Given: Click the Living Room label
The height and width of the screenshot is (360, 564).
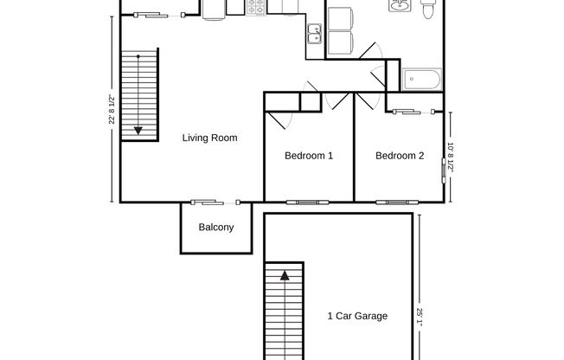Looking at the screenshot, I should (209, 138).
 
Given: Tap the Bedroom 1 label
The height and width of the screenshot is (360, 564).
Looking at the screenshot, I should (309, 156).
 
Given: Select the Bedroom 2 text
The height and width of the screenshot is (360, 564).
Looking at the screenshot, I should (400, 156).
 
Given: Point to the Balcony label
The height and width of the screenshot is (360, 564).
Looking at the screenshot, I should (215, 228).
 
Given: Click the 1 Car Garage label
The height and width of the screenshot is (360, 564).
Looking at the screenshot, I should (357, 316).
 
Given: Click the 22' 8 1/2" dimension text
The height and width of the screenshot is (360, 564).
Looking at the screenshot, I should (112, 109).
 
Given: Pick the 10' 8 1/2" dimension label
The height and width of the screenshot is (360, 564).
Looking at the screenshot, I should (451, 157).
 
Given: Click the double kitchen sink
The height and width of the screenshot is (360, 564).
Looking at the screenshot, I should (314, 34).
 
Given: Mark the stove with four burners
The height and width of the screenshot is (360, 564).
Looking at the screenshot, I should (256, 7).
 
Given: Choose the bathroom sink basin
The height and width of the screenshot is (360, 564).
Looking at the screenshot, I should (400, 9).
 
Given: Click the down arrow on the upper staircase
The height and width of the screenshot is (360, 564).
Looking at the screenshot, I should (138, 131).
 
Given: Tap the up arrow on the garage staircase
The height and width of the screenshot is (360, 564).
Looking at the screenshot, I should (284, 278).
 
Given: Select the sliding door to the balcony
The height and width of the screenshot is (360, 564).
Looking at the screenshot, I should (215, 202).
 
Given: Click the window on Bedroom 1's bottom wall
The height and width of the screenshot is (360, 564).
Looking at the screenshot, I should (308, 202).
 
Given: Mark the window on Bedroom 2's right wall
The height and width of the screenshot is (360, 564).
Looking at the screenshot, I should (445, 164).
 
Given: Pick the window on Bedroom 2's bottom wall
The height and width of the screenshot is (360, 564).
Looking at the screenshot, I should (398, 202).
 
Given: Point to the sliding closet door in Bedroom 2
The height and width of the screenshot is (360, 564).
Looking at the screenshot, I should (412, 111).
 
